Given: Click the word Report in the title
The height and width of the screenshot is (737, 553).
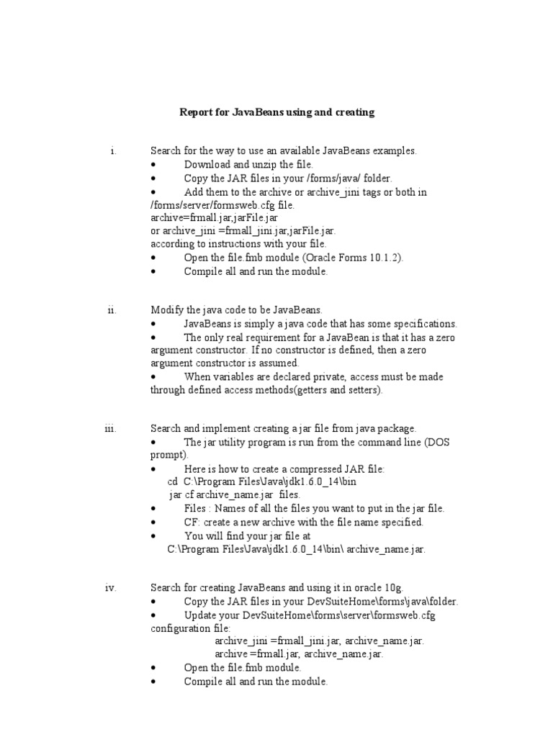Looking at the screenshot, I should (x=196, y=112).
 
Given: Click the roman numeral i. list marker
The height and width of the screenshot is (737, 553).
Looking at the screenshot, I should (x=113, y=151).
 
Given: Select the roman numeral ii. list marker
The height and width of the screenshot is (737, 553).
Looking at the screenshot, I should (x=112, y=309).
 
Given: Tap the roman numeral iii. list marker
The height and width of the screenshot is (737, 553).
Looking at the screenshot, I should (x=110, y=428).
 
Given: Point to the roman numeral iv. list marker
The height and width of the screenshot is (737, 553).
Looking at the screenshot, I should (x=110, y=587).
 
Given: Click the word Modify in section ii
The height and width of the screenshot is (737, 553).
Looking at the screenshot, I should (x=166, y=309).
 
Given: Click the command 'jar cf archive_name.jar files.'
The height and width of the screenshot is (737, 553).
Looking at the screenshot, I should (x=234, y=495).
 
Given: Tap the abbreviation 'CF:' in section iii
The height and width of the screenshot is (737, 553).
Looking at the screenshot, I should (x=193, y=522).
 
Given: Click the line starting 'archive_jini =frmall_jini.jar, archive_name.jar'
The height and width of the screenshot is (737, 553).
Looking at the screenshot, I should (x=319, y=641).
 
